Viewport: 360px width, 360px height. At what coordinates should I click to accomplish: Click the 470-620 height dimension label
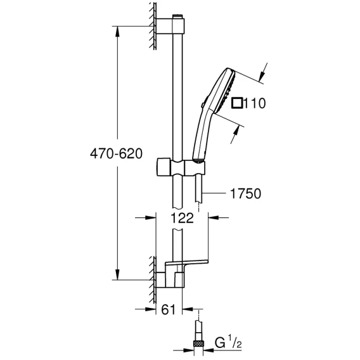coord(116,153)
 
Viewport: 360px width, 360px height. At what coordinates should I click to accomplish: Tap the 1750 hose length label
coord(245,193)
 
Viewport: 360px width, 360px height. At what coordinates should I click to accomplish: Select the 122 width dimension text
coord(182,218)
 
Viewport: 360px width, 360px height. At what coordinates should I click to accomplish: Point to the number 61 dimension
coord(169,310)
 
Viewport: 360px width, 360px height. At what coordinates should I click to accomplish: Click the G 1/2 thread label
coord(228,343)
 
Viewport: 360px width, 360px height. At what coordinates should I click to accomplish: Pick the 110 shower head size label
coord(254,103)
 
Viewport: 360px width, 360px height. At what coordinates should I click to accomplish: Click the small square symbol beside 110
coord(236,103)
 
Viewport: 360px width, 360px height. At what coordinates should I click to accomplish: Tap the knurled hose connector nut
coord(198,344)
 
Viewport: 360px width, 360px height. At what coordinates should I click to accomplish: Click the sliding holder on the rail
coord(181,167)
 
